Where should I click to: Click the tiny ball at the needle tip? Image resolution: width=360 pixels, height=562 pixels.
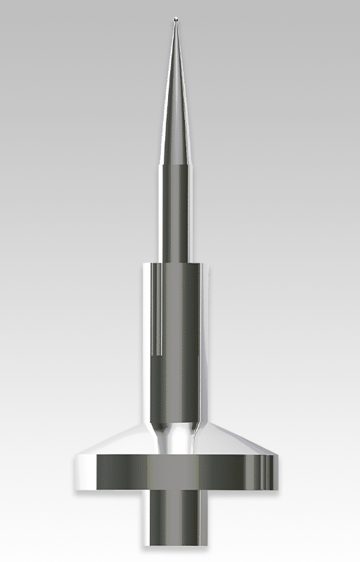coord(175,18)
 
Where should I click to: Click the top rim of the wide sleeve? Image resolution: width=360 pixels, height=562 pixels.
coord(176,263)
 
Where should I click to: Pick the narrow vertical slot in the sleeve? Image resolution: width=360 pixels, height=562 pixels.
coord(159,309)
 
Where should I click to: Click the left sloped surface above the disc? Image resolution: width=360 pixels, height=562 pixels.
coord(116,443)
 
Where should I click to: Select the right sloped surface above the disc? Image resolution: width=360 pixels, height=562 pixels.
coord(236,443)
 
